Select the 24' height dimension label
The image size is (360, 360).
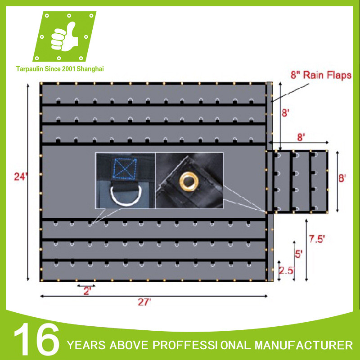point(18,177)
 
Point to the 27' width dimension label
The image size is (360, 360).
point(144,302)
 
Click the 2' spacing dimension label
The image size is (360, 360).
point(86,291)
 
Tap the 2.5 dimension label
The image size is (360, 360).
point(287,270)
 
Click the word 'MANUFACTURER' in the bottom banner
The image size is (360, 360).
point(304,346)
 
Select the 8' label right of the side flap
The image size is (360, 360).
point(342,178)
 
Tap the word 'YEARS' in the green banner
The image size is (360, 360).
point(86,346)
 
